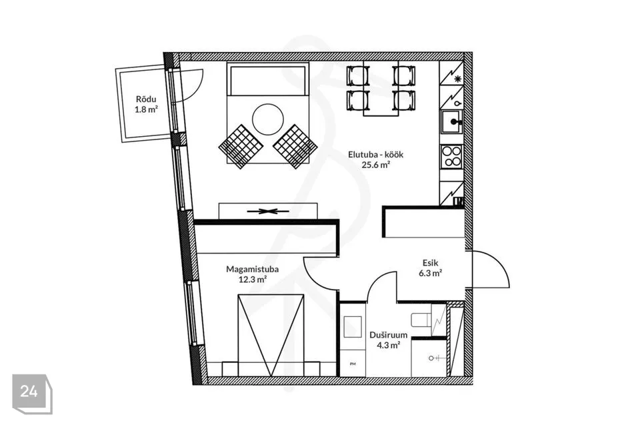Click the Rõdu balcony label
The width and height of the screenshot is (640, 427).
click(146, 99)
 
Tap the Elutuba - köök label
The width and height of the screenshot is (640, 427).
click(375, 155)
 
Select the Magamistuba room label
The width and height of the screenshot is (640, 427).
click(252, 270)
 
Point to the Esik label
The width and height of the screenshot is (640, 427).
click(430, 263)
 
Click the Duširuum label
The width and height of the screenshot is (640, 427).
click(388, 335)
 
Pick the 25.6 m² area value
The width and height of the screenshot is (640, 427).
click(375, 165)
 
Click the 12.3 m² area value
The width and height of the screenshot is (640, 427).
click(252, 280)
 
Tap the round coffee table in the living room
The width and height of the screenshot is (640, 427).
click(268, 119)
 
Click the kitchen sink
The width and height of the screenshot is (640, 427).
click(451, 122)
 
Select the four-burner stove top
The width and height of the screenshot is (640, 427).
click(451, 157)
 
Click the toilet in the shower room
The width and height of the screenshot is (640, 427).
click(421, 320)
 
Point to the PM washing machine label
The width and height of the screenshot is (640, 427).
click(353, 364)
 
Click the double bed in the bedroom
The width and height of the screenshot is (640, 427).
click(271, 335)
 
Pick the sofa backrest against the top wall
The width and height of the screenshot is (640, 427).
click(268, 79)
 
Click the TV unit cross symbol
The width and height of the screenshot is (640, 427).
click(267, 211)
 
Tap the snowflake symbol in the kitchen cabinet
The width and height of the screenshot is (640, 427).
click(457, 79)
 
